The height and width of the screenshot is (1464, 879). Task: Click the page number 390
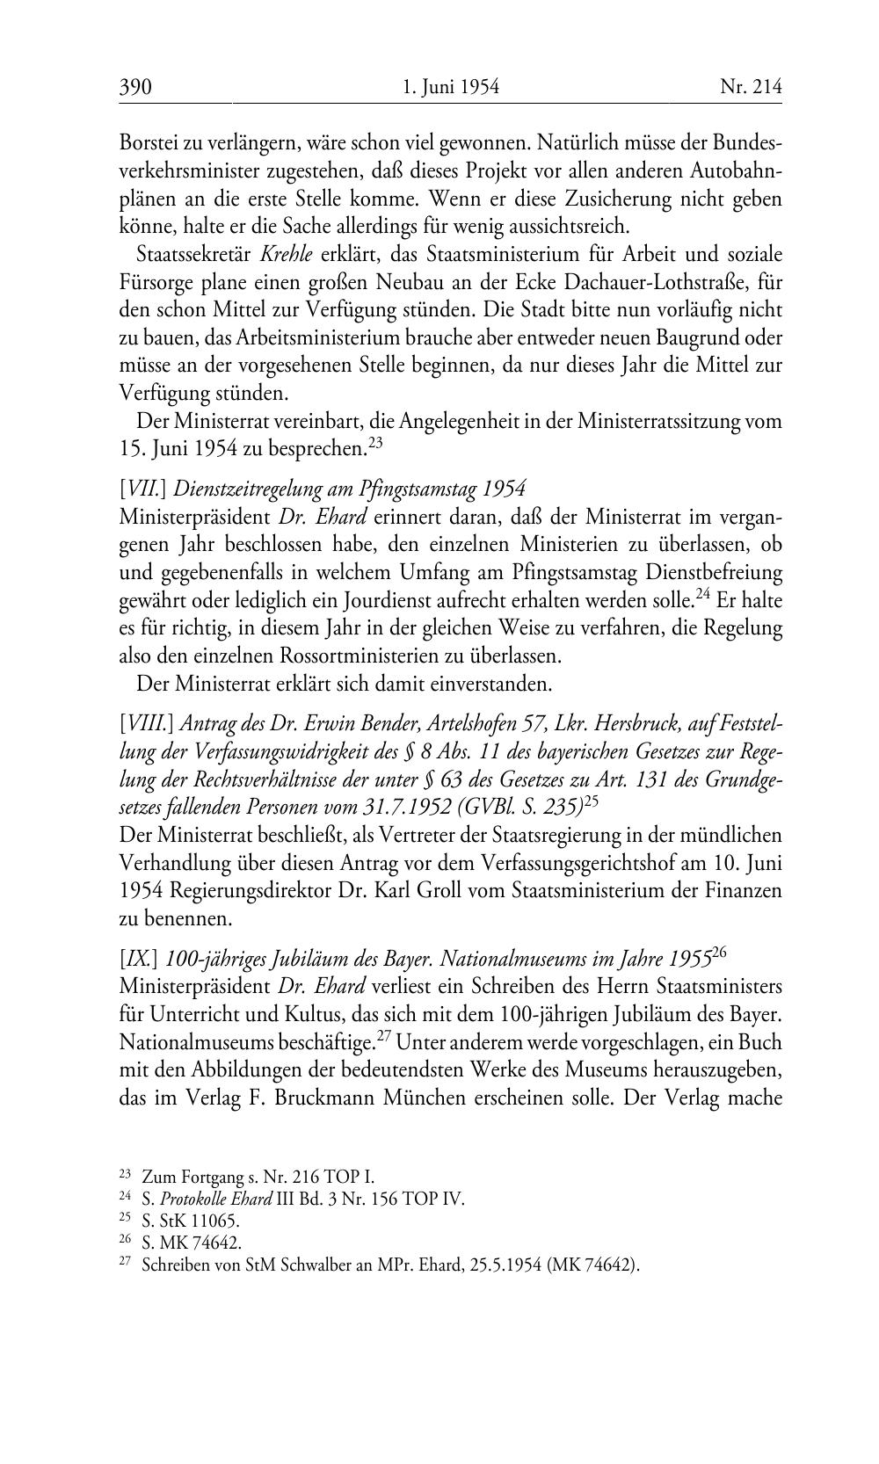[x=135, y=87]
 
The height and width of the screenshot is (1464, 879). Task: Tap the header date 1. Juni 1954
[x=450, y=87]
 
